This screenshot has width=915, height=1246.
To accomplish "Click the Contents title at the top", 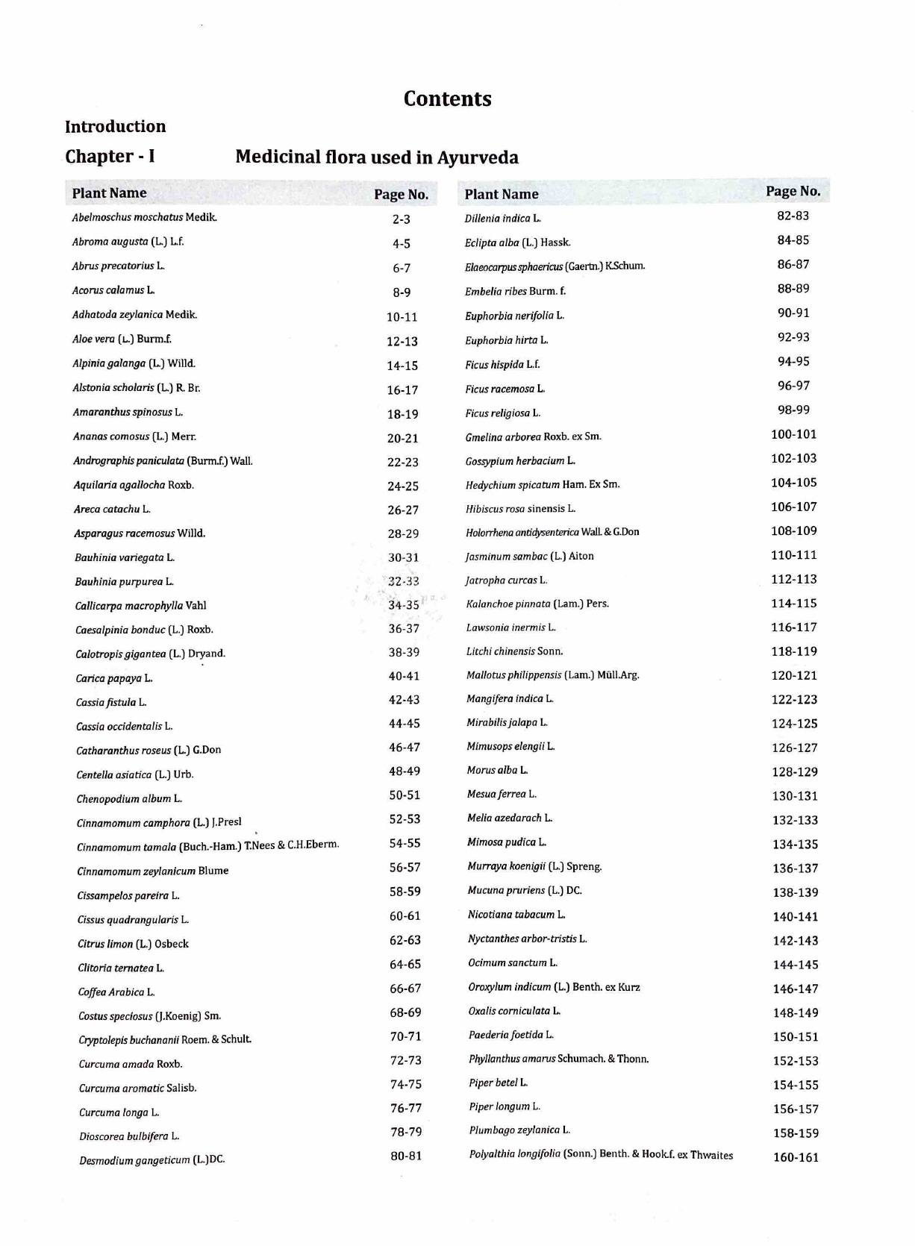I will tap(447, 99).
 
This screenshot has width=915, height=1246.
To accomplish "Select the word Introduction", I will tap(115, 126).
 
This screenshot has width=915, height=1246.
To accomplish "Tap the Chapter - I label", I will tap(110, 157).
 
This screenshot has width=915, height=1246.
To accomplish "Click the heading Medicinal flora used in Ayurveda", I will tap(376, 157).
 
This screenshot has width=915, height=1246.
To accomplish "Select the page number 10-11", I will tap(402, 317).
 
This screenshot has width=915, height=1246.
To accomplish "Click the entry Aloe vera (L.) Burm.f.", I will tap(122, 339).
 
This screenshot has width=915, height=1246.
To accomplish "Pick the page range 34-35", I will tap(403, 605).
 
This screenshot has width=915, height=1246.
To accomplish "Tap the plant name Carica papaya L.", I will tap(113, 678).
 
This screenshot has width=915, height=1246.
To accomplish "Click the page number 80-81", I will tap(406, 1156).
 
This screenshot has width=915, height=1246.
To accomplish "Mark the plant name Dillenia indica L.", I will tap(502, 219).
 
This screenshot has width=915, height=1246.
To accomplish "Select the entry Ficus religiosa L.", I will tap(502, 413).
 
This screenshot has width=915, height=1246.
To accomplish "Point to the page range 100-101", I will tap(793, 434).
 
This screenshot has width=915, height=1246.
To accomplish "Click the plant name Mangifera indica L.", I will tap(510, 699).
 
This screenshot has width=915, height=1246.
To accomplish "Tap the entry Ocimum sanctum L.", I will tap(512, 962).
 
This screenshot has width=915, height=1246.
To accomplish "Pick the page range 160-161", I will tap(796, 1157).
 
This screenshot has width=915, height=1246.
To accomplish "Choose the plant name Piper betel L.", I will tap(498, 1083).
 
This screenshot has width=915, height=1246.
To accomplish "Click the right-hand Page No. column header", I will tap(793, 191).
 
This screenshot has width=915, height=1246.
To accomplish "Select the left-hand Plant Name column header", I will tap(109, 193).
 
